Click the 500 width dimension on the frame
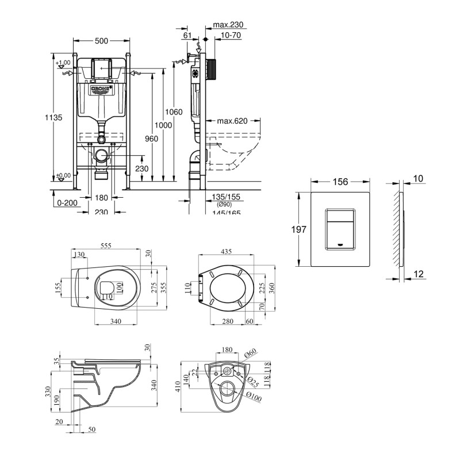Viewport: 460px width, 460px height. click(x=101, y=41)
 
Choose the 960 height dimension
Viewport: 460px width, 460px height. click(x=151, y=139)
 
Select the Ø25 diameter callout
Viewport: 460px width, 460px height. click(x=252, y=380)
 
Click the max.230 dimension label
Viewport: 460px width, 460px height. click(x=228, y=25)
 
